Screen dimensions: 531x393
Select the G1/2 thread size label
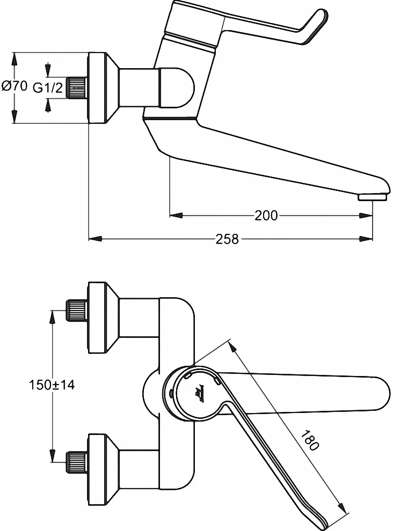[49, 87]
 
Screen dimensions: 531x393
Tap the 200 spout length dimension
[266, 216]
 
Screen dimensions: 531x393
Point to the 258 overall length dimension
[227, 239]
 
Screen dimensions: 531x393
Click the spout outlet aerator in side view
[372, 197]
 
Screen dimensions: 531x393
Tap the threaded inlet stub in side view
[77, 87]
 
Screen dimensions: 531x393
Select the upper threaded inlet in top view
[76, 310]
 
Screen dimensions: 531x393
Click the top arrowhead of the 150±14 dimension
[53, 315]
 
